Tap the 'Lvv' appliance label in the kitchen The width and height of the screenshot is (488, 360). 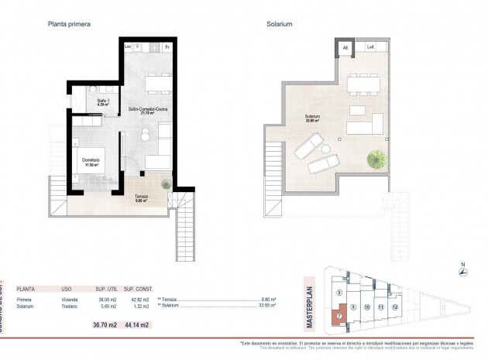coord(128,47)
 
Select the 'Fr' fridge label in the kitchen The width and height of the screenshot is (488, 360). coord(167,47)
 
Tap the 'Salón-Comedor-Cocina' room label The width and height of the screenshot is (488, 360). coord(149,111)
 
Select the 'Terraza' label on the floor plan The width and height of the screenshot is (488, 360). coord(141,196)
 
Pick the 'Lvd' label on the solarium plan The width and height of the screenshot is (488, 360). coord(370,47)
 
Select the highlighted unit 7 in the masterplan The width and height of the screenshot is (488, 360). coord(339,317)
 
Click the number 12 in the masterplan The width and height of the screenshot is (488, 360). coord(395,307)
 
